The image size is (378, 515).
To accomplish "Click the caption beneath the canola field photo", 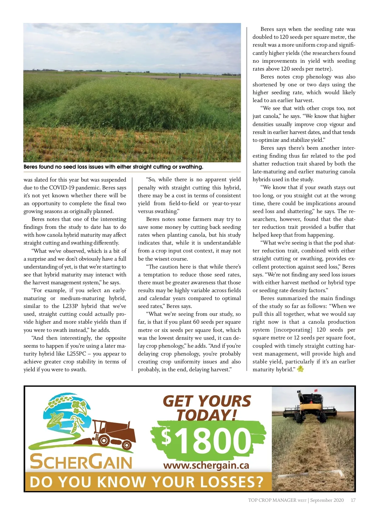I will tap(113, 167).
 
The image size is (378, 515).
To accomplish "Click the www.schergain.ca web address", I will tap(206, 465).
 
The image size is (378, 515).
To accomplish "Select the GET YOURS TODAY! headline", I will tap(207, 408).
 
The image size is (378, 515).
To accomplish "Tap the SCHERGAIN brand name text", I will tap(81, 462).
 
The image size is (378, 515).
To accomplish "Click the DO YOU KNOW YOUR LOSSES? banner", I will tap(146, 482).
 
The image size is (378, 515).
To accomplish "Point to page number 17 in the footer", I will tap(353, 500).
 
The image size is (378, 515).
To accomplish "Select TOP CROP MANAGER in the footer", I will tap(272, 500).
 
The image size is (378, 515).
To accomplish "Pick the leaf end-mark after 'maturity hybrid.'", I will tap(301, 369).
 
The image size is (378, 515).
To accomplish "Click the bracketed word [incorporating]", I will tap(293, 330).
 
